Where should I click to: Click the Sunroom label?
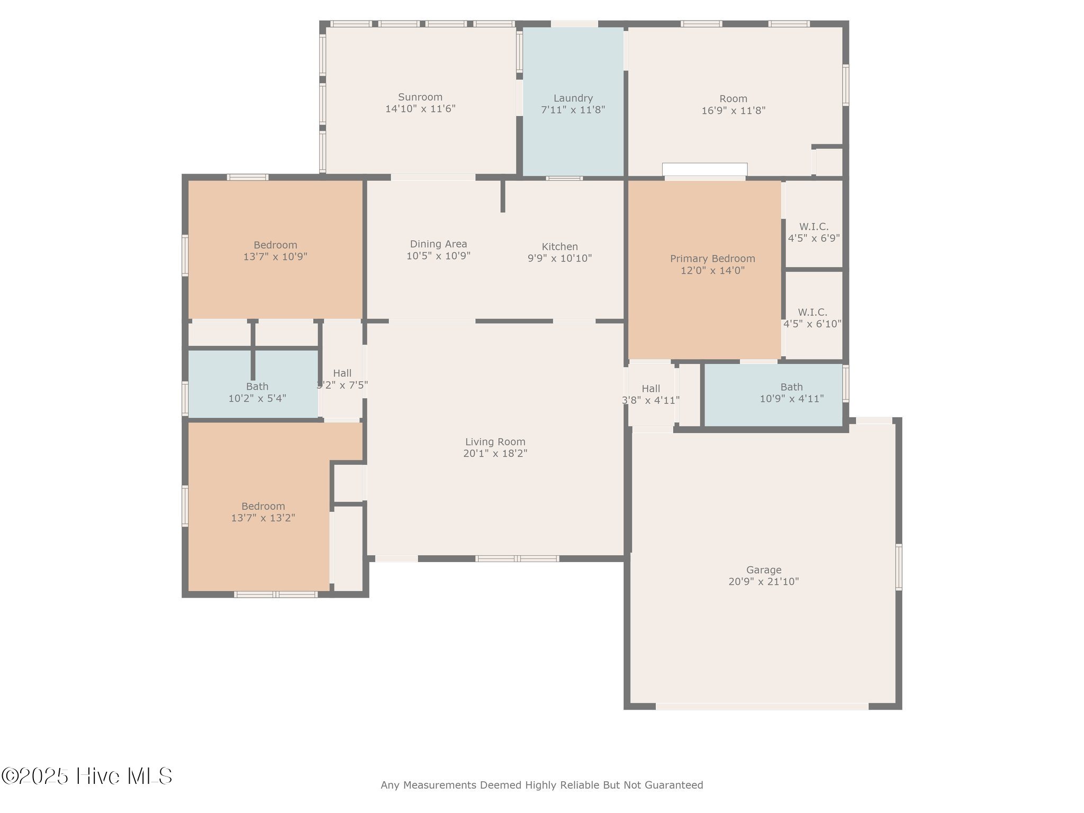pyautogui.click(x=420, y=97)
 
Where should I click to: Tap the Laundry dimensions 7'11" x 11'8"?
pyautogui.click(x=573, y=110)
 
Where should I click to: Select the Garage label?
pyautogui.click(x=763, y=570)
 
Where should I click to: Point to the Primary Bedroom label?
pyautogui.click(x=712, y=259)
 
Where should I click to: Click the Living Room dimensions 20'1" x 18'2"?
pyautogui.click(x=495, y=454)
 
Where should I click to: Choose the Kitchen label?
pyautogui.click(x=559, y=247)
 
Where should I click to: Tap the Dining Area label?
pyautogui.click(x=438, y=244)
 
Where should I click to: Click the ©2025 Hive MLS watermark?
pyautogui.click(x=87, y=776)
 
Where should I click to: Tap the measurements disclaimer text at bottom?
pyautogui.click(x=541, y=785)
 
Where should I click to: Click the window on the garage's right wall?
pyautogui.click(x=898, y=567)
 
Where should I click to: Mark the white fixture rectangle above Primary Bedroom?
pyautogui.click(x=704, y=169)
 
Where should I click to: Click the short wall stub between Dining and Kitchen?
pyautogui.click(x=502, y=196)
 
